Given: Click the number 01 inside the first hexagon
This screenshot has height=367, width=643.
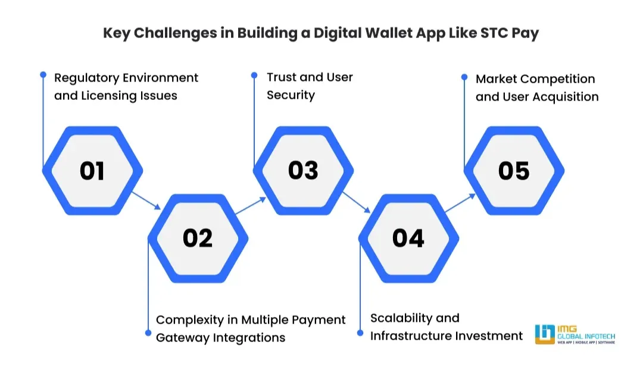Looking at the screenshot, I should click(x=92, y=171).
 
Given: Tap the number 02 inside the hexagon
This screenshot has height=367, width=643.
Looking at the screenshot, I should click(x=198, y=238).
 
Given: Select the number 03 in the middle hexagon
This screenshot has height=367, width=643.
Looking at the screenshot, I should click(x=303, y=170).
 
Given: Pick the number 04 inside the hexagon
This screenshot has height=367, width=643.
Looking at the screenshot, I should click(x=408, y=238).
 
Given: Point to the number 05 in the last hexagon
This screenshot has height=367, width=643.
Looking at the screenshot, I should click(x=514, y=171).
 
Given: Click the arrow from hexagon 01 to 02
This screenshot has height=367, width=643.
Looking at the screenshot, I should click(x=146, y=200).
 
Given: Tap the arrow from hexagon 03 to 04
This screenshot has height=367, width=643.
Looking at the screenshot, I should click(x=356, y=202).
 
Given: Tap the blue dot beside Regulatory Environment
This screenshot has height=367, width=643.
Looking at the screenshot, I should click(x=43, y=75).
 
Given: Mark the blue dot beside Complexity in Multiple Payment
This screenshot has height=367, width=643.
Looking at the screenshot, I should click(x=148, y=333).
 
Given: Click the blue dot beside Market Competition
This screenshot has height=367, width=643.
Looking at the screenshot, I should click(x=464, y=76).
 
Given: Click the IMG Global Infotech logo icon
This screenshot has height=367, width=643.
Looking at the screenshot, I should click(x=545, y=334).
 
